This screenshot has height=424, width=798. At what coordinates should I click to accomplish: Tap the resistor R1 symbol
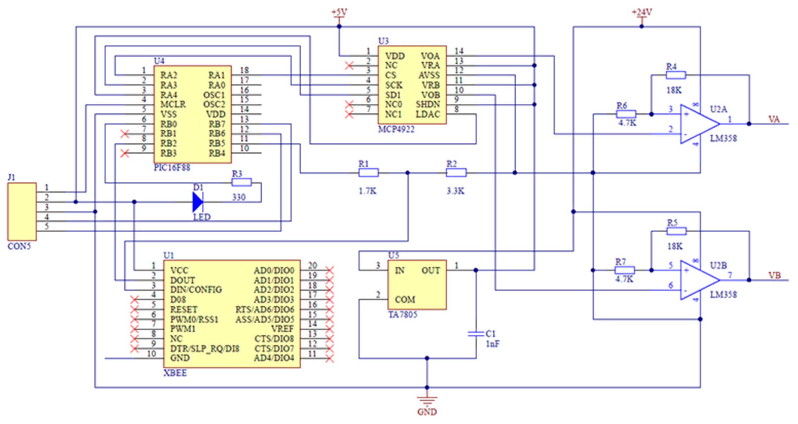[368, 173]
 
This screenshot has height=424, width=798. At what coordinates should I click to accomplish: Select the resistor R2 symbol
[456, 173]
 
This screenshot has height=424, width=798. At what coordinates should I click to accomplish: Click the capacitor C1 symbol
[476, 334]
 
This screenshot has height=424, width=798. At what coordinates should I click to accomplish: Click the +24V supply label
[642, 12]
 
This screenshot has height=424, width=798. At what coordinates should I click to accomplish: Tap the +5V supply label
[339, 12]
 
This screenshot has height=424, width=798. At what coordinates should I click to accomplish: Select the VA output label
[774, 119]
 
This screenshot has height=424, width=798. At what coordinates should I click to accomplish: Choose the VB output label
[774, 276]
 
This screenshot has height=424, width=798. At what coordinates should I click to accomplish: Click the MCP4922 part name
[396, 129]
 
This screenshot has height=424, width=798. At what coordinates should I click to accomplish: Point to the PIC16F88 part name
[172, 168]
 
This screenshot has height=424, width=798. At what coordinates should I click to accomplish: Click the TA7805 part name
[403, 315]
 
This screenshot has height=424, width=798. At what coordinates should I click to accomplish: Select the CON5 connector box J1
[22, 211]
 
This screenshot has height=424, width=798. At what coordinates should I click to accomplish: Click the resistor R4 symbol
[676, 75]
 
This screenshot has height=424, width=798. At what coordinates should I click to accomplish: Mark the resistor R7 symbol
[625, 270]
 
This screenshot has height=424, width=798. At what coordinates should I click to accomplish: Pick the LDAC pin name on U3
[428, 114]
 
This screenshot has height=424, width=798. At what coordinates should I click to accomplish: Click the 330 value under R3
[239, 197]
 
